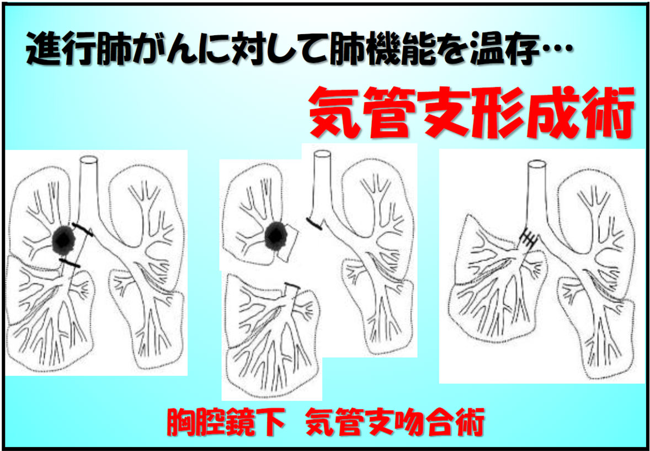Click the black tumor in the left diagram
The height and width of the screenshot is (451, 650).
pos(63,241)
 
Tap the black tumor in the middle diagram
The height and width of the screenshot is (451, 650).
pos(276,236)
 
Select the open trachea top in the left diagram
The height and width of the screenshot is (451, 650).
pos(89,160)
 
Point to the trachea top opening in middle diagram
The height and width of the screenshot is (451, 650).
pos(322,154)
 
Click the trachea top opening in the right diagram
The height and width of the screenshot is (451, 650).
pos(536,164)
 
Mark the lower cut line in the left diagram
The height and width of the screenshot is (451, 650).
pos(69,263)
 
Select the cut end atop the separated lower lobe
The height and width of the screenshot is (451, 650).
pos(292,286)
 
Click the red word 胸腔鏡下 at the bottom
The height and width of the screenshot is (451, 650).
pos(226,422)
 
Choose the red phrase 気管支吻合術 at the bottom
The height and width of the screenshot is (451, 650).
pos(395,422)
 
